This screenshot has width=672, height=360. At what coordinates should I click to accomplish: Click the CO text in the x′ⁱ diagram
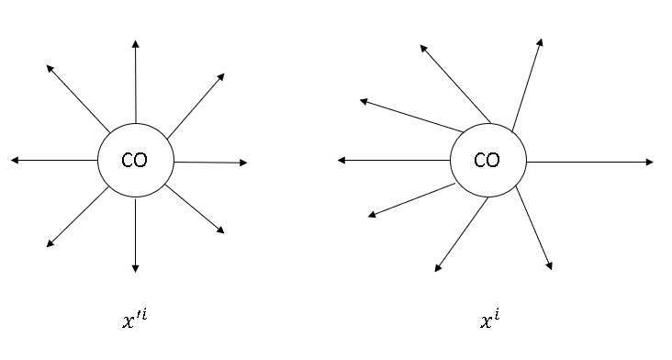(134, 161)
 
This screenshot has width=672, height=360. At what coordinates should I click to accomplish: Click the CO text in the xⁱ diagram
(487, 161)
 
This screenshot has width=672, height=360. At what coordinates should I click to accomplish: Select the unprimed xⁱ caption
(489, 321)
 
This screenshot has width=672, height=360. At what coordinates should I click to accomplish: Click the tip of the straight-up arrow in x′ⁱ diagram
(136, 43)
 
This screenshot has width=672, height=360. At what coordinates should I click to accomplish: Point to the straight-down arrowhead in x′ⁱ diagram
(136, 269)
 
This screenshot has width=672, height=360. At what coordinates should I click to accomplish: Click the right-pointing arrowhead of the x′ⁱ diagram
(244, 163)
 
